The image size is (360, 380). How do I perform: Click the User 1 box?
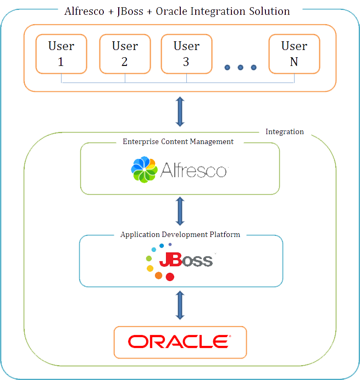[x=61, y=54]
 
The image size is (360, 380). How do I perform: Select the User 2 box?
[x=125, y=54]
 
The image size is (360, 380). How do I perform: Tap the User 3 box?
[x=186, y=54]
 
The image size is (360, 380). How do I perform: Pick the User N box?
[x=294, y=54]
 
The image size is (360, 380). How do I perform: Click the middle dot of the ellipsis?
[x=241, y=67]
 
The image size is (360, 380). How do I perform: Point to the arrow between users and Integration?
[x=180, y=112]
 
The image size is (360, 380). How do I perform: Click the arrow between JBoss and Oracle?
[x=180, y=306]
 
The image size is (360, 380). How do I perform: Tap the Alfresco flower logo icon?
[x=144, y=169]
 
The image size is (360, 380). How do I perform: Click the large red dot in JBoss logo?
[x=170, y=276]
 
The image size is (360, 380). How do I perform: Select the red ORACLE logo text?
[x=180, y=342]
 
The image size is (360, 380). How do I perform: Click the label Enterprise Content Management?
[x=178, y=141]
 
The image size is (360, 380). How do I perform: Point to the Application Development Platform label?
[x=180, y=234]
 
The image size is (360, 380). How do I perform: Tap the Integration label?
[x=284, y=131]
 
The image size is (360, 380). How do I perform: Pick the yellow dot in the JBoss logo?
[x=149, y=268]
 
